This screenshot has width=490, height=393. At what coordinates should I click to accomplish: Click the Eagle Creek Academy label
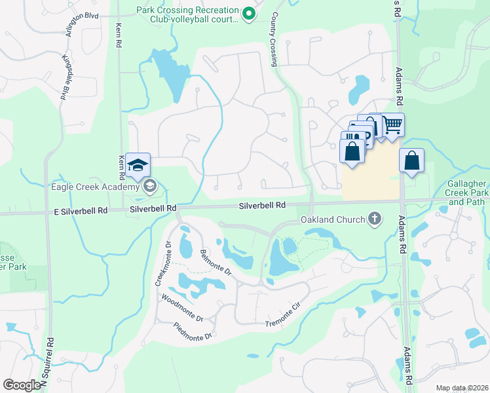click(97, 186)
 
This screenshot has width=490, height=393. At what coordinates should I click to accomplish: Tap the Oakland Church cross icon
click(375, 218)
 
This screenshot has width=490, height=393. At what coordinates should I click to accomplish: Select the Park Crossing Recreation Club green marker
click(248, 13)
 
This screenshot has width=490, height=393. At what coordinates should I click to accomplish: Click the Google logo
click(22, 385)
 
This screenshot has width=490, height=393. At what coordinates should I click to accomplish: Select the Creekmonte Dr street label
click(162, 265)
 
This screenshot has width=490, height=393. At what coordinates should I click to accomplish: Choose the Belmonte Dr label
click(216, 261)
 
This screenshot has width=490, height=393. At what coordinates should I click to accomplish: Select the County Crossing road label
click(274, 39)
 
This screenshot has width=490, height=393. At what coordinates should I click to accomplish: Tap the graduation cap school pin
click(138, 165)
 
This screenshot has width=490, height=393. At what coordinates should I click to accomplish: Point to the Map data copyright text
click(461, 388)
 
